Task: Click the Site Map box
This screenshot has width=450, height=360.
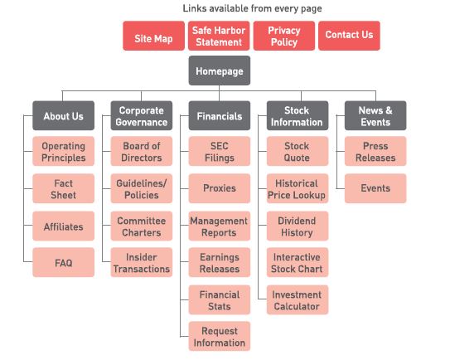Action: pyautogui.click(x=154, y=36)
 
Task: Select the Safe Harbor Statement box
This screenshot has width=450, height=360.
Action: pyautogui.click(x=219, y=36)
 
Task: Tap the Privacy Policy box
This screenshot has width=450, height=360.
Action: pyautogui.click(x=284, y=36)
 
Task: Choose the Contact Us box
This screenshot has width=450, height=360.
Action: pyautogui.click(x=349, y=36)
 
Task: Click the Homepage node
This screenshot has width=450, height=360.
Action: pyautogui.click(x=220, y=71)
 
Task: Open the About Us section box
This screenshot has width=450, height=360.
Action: pyautogui.click(x=64, y=115)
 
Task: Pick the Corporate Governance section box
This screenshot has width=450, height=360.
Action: pyautogui.click(x=142, y=115)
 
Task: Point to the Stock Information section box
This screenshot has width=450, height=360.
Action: pyautogui.click(x=298, y=115)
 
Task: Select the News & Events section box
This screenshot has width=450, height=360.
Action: pyautogui.click(x=375, y=115)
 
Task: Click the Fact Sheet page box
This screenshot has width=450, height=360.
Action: pyautogui.click(x=64, y=188)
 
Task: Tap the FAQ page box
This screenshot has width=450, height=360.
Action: pyautogui.click(x=64, y=262)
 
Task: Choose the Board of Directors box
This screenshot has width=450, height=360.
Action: pyautogui.click(x=142, y=151)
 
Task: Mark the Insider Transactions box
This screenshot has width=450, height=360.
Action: pyautogui.click(x=142, y=262)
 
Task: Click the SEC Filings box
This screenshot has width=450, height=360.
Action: pyautogui.click(x=220, y=151)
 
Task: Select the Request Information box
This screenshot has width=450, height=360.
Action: pyautogui.click(x=220, y=336)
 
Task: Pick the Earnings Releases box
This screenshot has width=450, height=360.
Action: pyautogui.click(x=220, y=262)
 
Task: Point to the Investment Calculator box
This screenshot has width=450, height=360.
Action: pyautogui.click(x=298, y=299)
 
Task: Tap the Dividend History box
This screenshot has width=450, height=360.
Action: pyautogui.click(x=298, y=226)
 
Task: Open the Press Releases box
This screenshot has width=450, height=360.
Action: pyautogui.click(x=375, y=151)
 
